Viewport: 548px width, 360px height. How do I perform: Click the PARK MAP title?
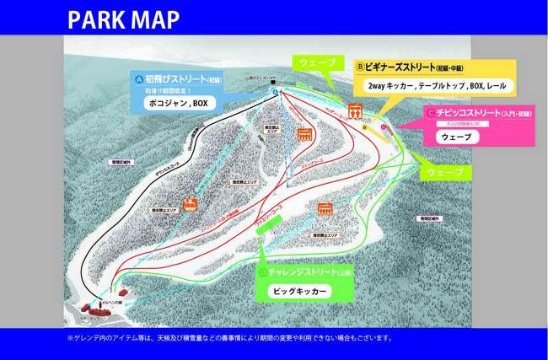(123, 19)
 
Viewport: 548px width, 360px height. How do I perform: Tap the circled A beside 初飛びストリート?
(139, 77)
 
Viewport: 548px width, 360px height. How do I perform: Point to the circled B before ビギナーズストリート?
(360, 64)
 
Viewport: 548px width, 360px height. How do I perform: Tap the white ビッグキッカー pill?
(300, 291)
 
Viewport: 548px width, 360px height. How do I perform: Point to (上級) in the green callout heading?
(346, 273)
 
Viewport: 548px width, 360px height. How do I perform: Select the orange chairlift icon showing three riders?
(355, 110)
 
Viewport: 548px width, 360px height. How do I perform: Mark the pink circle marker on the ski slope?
(384, 126)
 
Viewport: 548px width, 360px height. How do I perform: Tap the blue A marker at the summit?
(277, 85)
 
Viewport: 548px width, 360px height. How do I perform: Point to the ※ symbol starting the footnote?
(71, 338)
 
